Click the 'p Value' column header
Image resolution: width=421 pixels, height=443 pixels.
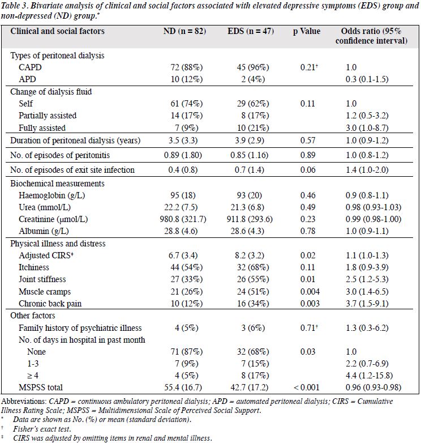307,31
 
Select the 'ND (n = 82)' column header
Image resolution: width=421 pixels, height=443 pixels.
184,31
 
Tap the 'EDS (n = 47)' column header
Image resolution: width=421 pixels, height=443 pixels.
251,31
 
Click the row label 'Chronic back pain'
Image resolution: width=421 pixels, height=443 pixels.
50,304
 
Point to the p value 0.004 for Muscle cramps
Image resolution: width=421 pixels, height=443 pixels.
310,291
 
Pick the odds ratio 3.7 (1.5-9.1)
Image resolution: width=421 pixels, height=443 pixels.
367,304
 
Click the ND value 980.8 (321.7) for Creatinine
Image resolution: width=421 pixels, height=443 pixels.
183,219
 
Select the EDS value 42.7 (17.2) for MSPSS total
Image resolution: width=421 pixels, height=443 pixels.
250,387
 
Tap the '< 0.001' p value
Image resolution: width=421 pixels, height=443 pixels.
307,387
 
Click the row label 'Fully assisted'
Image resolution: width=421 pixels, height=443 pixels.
42,128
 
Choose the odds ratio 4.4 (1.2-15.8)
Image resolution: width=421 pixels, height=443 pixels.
370,376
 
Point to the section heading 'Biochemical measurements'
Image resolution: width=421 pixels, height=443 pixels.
57,184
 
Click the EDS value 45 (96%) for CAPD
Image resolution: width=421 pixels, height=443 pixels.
253,67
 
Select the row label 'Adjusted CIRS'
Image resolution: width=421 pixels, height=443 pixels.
46,255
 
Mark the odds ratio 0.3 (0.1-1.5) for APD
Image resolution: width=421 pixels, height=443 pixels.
367,79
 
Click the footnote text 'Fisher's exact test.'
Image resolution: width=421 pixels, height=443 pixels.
42,429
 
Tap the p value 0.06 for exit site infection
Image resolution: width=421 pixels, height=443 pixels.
308,170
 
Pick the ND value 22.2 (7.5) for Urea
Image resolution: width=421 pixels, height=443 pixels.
181,207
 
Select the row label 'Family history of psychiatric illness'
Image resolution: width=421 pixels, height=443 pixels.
80,328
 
